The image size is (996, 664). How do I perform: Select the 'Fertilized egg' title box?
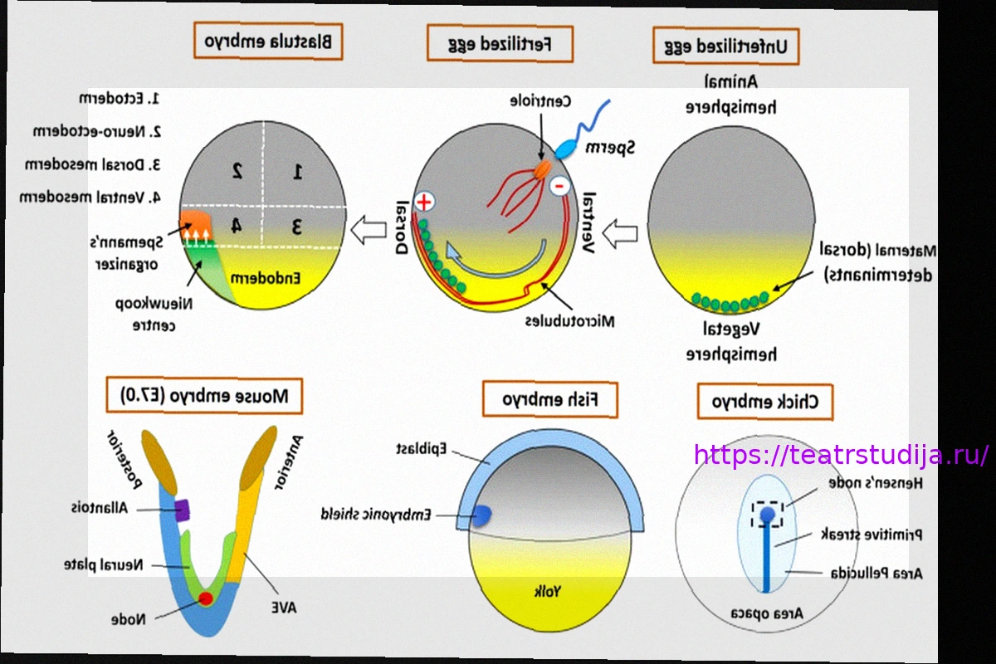tap(500, 42)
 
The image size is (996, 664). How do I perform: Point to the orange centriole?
tap(542, 168)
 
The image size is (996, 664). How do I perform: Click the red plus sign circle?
tap(424, 201)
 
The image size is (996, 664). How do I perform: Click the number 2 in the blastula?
tap(237, 171)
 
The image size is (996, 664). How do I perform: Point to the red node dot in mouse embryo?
tap(206, 598)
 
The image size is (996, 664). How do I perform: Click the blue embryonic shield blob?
tap(481, 515)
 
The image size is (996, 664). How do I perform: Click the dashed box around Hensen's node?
tap(768, 515)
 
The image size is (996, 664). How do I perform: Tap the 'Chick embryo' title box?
tap(765, 402)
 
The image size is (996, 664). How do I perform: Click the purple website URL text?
tap(841, 455)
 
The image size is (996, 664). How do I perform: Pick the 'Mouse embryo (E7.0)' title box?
tap(204, 396)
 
